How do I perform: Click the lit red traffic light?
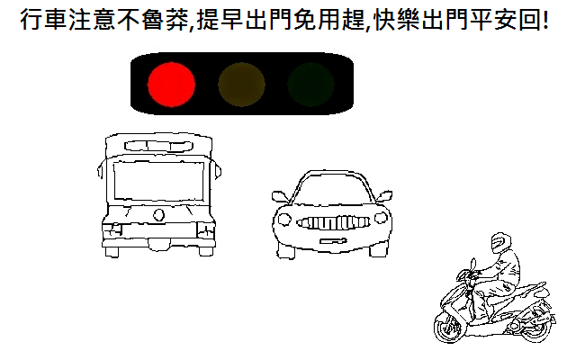tap(171, 85)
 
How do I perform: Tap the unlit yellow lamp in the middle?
tap(241, 85)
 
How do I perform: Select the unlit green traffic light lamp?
tap(310, 85)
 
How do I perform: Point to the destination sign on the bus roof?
tap(158, 146)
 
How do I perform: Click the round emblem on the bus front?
tap(158, 214)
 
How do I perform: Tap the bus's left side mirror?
tap(100, 171)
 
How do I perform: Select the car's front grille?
tap(333, 222)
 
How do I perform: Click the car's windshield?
tap(333, 188)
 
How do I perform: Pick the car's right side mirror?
tap(384, 196)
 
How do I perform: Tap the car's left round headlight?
tap(284, 220)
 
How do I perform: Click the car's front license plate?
tap(333, 241)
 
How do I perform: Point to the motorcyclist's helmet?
tap(501, 242)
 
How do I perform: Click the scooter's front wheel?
tap(447, 328)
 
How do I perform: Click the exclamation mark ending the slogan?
tap(544, 20)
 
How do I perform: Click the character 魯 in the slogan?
tap(152, 20)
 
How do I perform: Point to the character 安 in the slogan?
tap(505, 20)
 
